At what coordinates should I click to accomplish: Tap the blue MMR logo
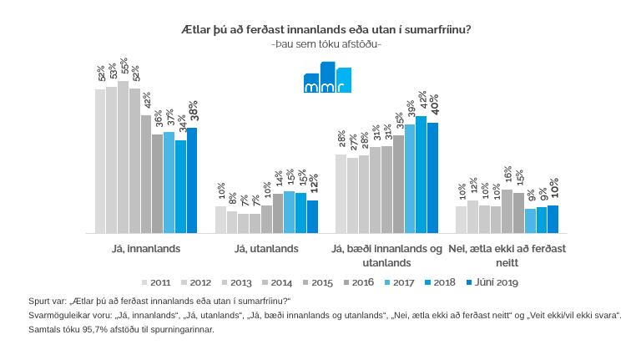(327, 78)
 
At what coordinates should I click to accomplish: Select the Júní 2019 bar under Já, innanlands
(192, 180)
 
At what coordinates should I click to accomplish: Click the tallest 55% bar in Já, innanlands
(123, 157)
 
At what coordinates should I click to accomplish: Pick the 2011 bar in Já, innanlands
(100, 161)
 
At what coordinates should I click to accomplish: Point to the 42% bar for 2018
(421, 174)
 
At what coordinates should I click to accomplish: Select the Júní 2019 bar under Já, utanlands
(312, 216)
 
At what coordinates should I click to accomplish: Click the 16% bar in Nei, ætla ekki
(507, 210)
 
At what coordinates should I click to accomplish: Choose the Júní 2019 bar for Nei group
(553, 219)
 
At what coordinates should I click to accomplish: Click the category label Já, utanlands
(266, 248)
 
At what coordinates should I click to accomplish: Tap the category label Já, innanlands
(146, 248)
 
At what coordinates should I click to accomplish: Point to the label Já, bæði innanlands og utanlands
(386, 255)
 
